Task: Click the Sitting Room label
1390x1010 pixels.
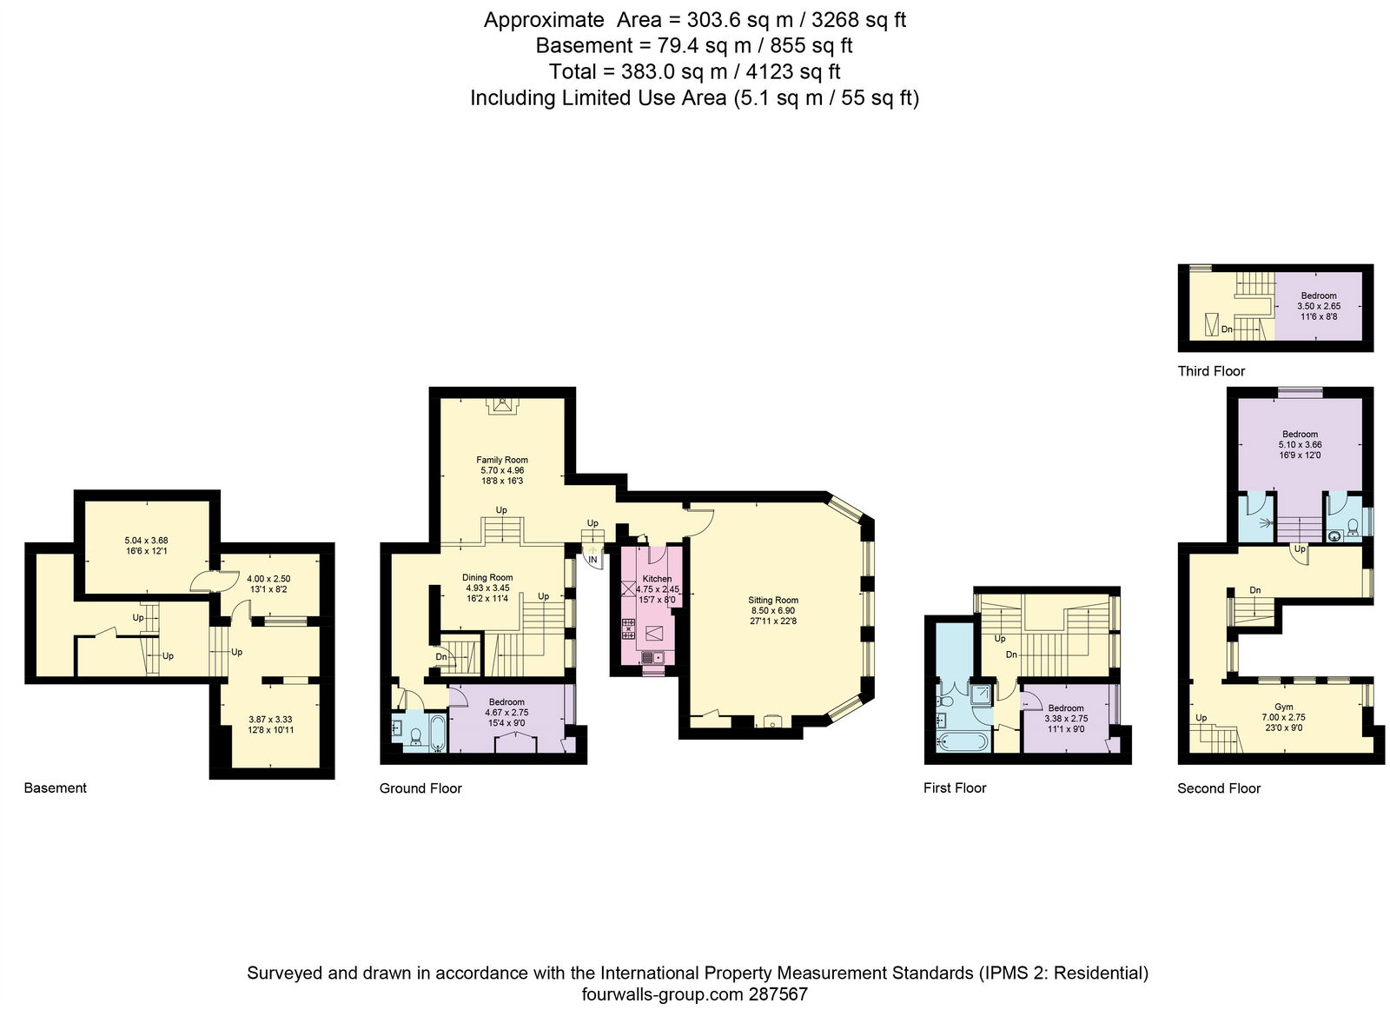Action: (773, 601)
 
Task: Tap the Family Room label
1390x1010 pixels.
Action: (502, 460)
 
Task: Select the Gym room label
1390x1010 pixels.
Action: (1284, 707)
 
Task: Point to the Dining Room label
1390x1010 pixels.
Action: (487, 577)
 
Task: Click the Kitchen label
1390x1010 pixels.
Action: (657, 579)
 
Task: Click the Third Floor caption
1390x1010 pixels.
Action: (1211, 371)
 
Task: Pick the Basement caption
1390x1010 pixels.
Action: (56, 787)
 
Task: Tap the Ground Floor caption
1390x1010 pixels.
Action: (420, 788)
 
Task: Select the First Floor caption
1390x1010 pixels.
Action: (955, 787)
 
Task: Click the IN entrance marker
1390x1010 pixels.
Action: (592, 560)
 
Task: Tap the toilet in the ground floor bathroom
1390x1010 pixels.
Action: (416, 736)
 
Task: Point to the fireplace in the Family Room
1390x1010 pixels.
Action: (501, 406)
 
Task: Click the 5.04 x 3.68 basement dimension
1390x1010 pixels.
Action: (147, 540)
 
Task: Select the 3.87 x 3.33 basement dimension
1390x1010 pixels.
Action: (270, 720)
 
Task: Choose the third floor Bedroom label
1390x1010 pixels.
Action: (1319, 296)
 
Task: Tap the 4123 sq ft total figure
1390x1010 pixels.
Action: (793, 71)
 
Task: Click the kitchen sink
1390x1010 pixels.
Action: (652, 657)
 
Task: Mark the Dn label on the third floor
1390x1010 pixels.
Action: (1227, 329)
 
